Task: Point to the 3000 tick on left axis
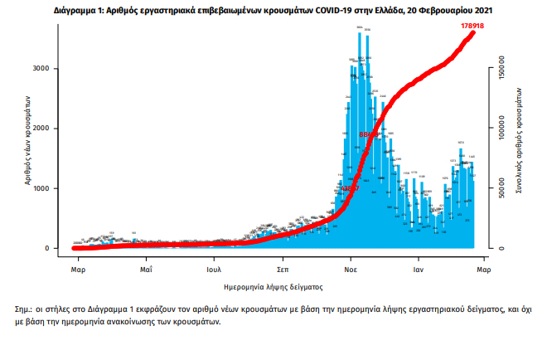pyautogui.click(x=50, y=68)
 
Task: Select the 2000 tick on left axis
pyautogui.click(x=50, y=129)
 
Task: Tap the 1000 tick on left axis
pyautogui.click(x=50, y=188)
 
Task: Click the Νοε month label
pyautogui.click(x=351, y=270)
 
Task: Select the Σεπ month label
pyautogui.click(x=283, y=270)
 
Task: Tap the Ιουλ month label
pyautogui.click(x=214, y=270)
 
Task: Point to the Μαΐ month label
pyautogui.click(x=145, y=270)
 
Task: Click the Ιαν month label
pyautogui.click(x=419, y=270)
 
